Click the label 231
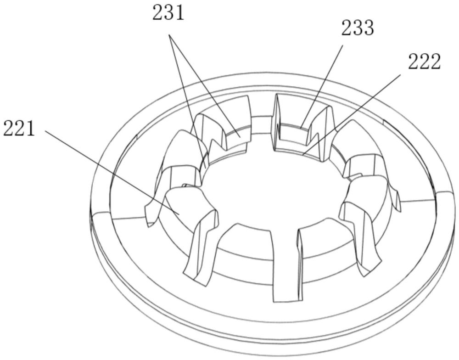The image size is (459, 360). point(168,13)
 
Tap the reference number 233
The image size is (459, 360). point(358,28)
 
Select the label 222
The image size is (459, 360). point(424,62)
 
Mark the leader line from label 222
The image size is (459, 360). point(352,114)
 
